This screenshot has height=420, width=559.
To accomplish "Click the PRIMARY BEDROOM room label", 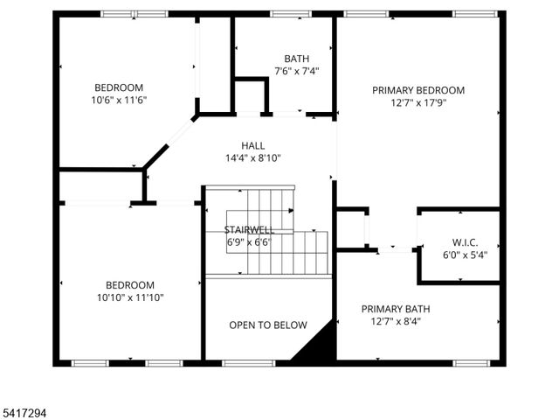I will click(x=418, y=90).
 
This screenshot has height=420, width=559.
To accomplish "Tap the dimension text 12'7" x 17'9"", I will click(x=418, y=102).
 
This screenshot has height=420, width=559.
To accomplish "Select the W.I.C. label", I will click(x=464, y=242).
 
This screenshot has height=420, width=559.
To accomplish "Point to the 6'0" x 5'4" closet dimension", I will click(x=464, y=255).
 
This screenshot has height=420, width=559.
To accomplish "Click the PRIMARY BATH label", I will click(x=396, y=309).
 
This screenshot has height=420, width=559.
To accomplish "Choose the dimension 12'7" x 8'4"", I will click(x=396, y=321).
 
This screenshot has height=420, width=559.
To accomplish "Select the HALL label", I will click(x=253, y=146).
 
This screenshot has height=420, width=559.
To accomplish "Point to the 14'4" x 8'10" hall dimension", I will click(x=253, y=158).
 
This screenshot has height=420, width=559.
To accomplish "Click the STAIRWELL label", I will click(x=249, y=229).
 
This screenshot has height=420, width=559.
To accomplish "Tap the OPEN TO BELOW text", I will click(x=268, y=325).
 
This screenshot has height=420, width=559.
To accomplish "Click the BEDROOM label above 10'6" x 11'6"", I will click(x=119, y=87).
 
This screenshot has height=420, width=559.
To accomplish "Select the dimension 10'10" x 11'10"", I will click(x=130, y=297).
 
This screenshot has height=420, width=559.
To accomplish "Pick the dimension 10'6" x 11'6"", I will click(x=119, y=100).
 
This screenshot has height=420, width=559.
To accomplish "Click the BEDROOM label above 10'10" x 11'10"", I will click(x=130, y=285).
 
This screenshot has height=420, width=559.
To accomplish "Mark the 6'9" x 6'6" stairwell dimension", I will click(x=249, y=242).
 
